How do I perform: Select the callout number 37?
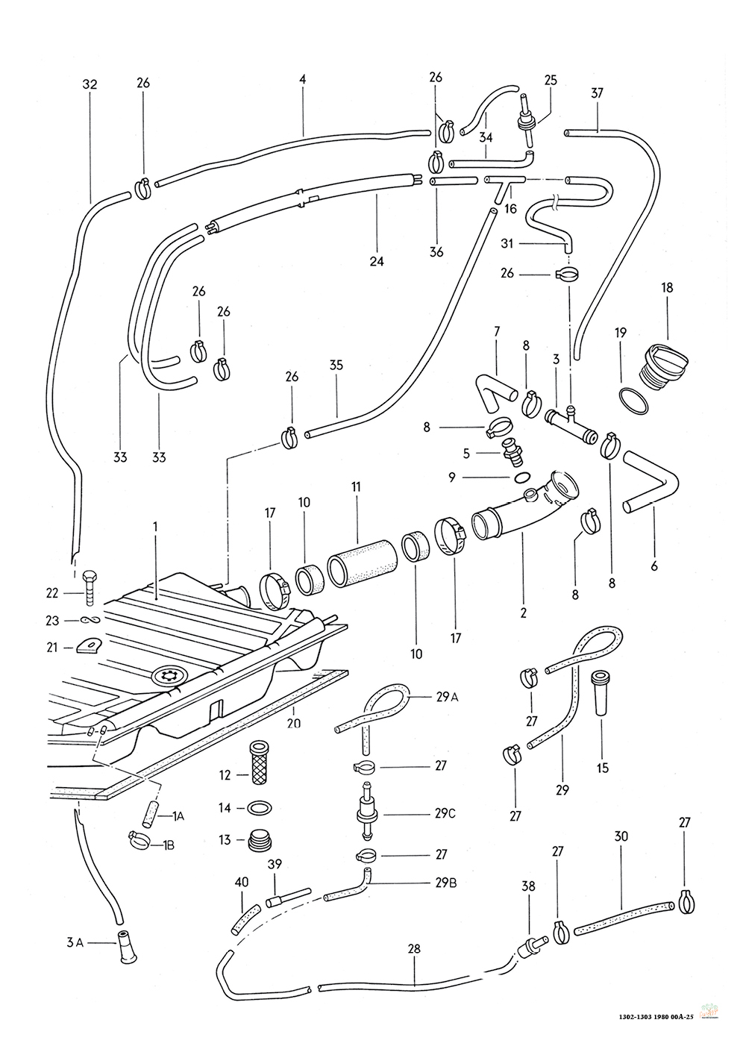[597, 93]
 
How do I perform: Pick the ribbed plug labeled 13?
[260, 839]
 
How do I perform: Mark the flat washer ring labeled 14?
[259, 807]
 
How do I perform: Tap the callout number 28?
[415, 949]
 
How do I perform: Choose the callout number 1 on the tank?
[155, 527]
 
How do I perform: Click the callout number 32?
[90, 85]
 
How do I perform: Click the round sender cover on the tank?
[171, 676]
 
